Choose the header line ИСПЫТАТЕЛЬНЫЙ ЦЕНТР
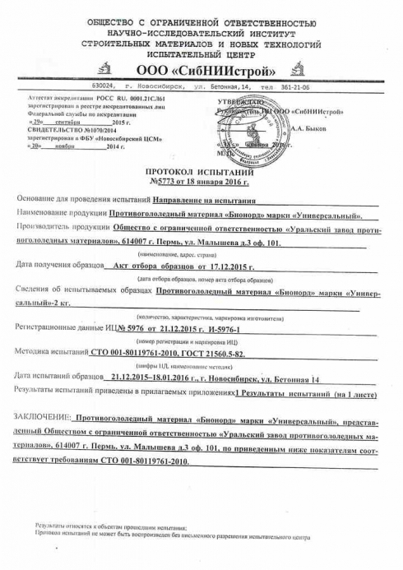pos(202,49)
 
